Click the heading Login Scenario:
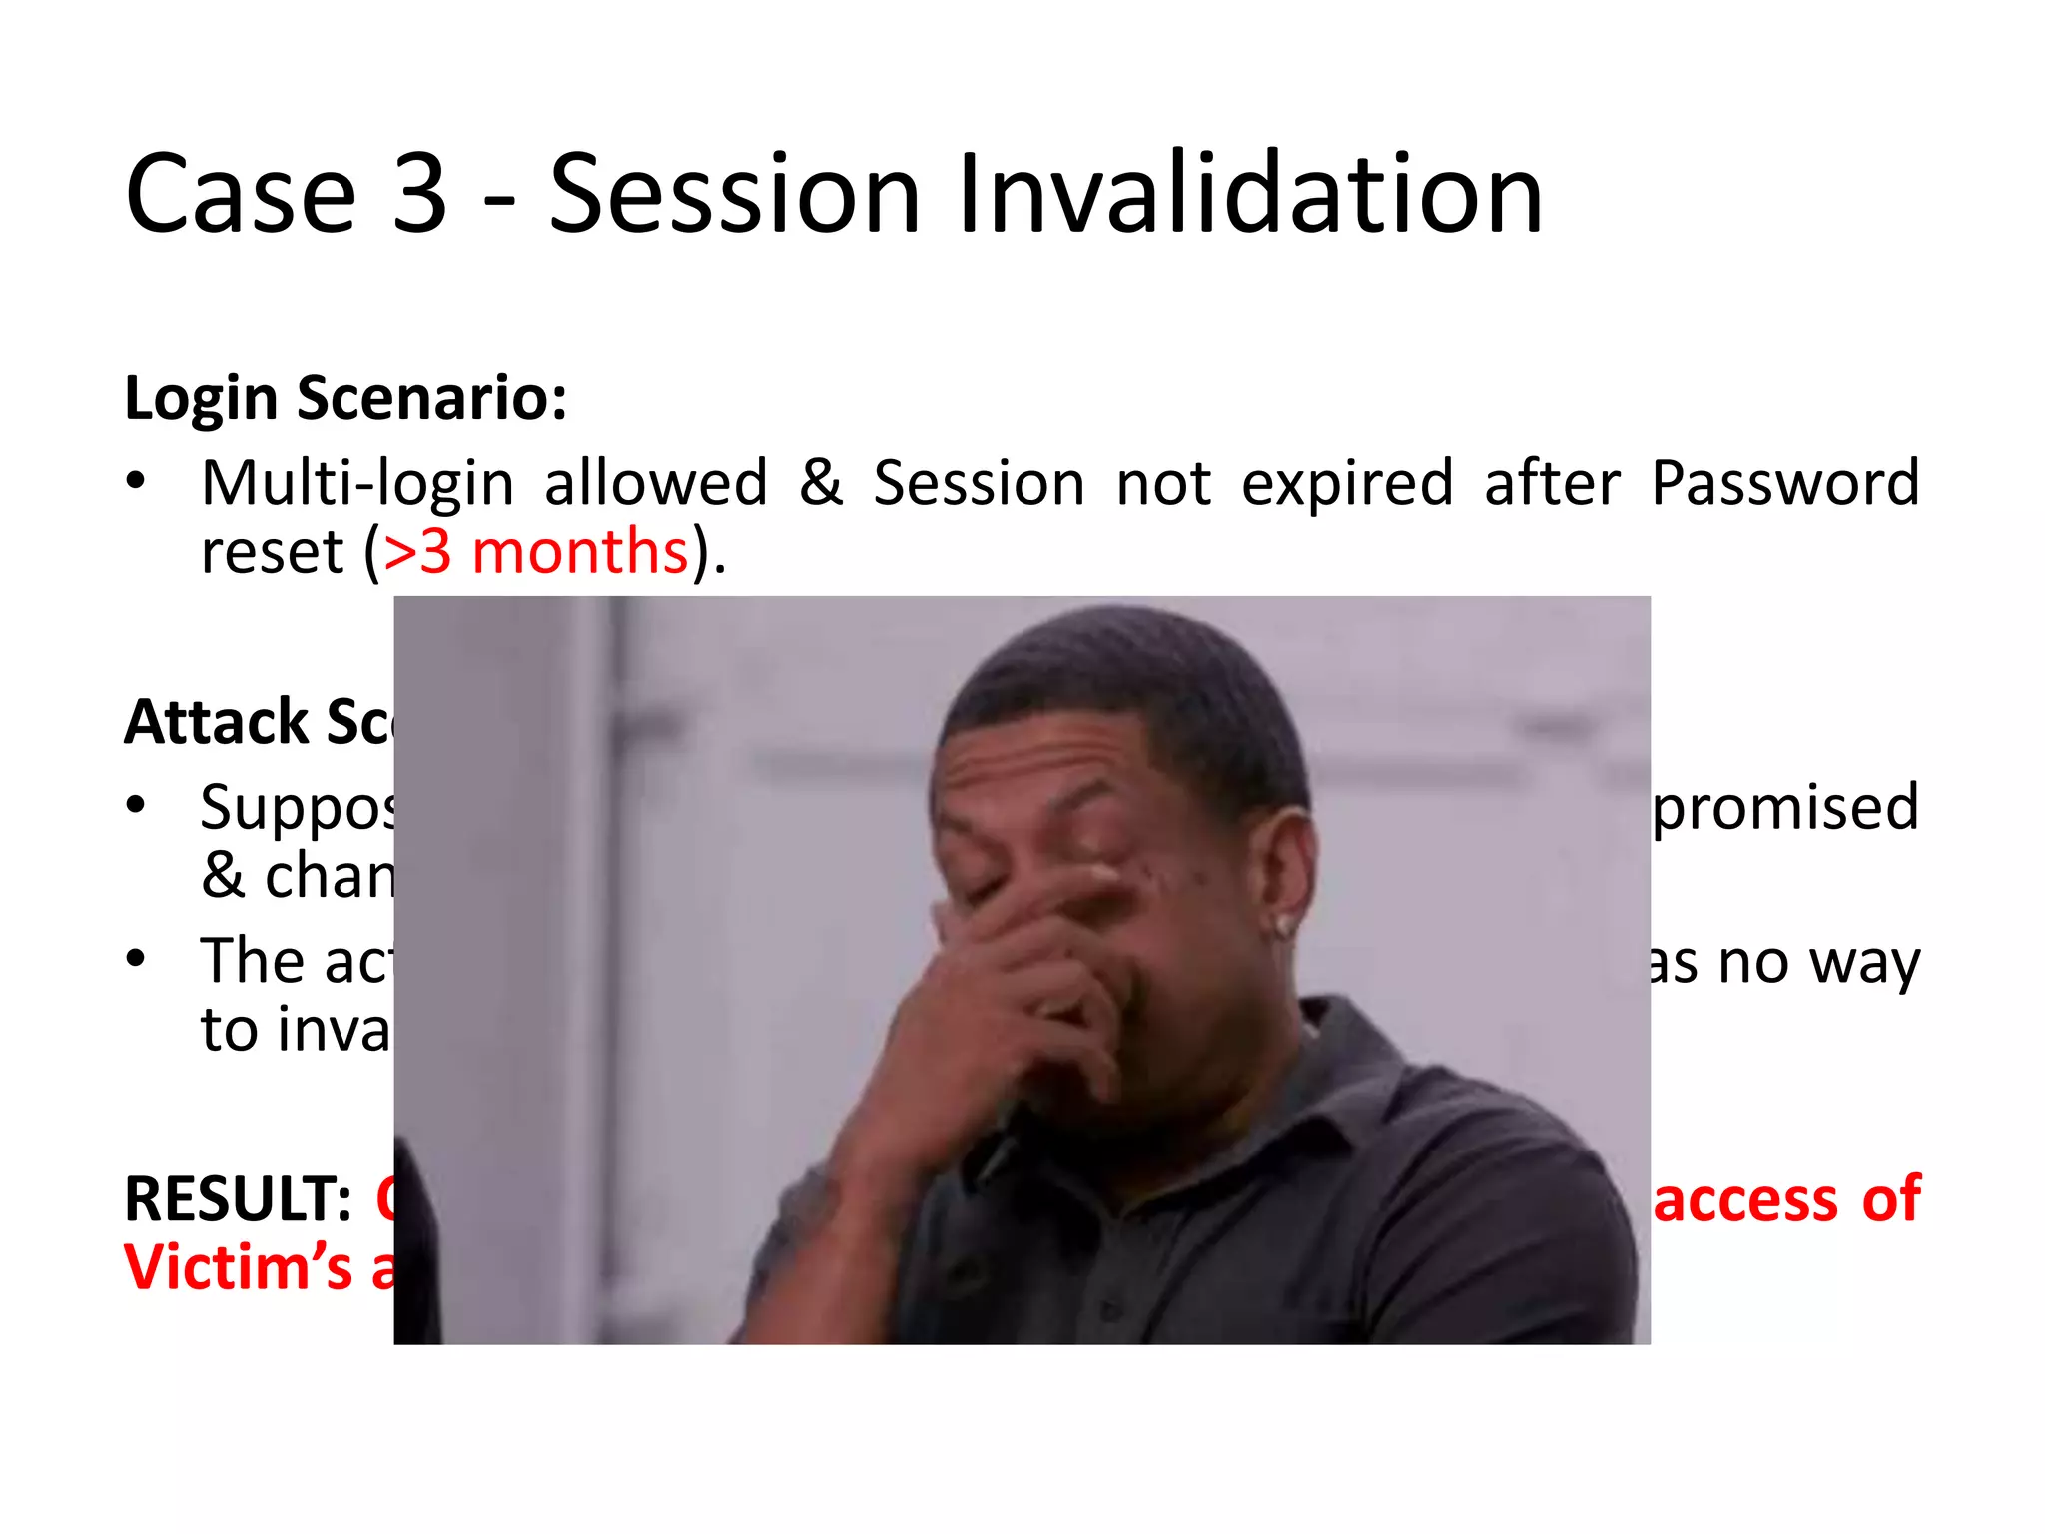[345, 398]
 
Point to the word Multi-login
[357, 484]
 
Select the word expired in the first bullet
[1347, 484]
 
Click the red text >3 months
[536, 552]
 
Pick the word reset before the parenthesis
[272, 552]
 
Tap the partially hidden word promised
[1784, 809]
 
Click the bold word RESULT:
[238, 1199]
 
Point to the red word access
[1744, 1199]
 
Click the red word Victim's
[238, 1268]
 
